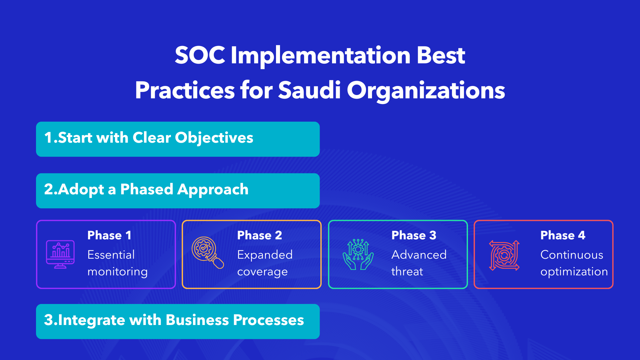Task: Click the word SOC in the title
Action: (200, 55)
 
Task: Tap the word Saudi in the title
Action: (309, 90)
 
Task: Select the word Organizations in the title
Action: (426, 91)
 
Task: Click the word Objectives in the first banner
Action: (214, 138)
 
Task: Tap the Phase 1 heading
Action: (109, 235)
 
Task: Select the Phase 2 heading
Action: (259, 235)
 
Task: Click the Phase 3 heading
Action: (414, 235)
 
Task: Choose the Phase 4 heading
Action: (563, 235)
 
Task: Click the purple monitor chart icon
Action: (60, 254)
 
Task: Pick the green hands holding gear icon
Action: (358, 254)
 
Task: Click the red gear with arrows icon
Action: (504, 255)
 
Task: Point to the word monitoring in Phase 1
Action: (117, 272)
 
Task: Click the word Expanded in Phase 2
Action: (265, 255)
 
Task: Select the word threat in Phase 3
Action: (407, 272)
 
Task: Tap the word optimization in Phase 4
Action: (574, 272)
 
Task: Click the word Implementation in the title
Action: (320, 55)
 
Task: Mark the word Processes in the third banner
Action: (268, 320)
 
